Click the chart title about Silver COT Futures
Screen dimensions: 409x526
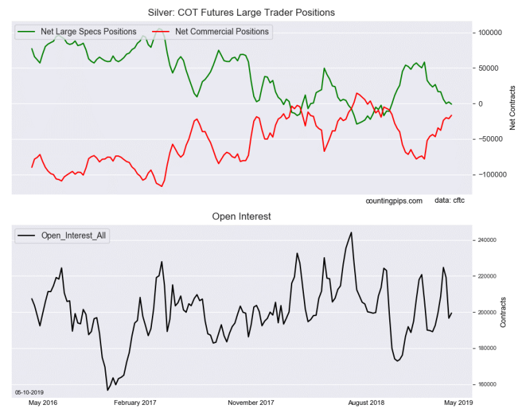252,12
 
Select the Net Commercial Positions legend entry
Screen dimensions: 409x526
221,31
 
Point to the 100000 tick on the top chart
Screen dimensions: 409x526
490,33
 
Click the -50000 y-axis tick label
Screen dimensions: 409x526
490,140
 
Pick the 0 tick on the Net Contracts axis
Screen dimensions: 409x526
481,104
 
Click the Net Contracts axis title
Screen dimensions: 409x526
513,108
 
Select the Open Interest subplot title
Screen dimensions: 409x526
241,217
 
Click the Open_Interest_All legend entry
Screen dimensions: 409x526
72,236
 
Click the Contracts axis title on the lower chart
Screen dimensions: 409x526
503,312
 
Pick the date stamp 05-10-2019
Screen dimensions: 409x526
29,392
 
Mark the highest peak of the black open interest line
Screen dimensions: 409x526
351,232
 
